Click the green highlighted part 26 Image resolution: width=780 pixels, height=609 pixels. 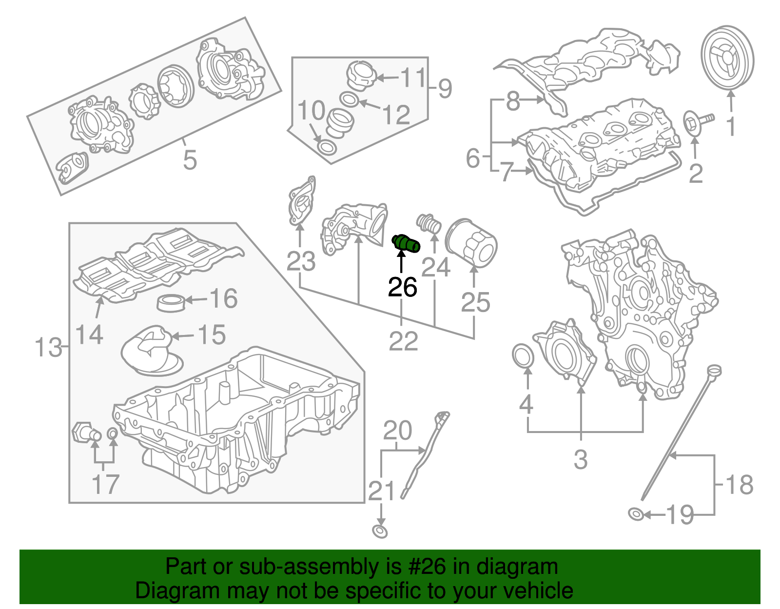406,243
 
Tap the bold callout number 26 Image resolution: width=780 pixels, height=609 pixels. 402,287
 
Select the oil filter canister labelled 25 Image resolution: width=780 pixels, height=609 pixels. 471,242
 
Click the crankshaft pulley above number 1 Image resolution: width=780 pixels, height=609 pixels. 727,57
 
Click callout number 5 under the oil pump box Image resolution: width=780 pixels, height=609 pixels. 190,160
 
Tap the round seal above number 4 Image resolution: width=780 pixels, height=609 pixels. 523,355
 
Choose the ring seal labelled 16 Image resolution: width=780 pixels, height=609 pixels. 171,302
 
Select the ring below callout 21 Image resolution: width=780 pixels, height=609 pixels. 380,531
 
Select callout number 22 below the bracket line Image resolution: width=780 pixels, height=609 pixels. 403,341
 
